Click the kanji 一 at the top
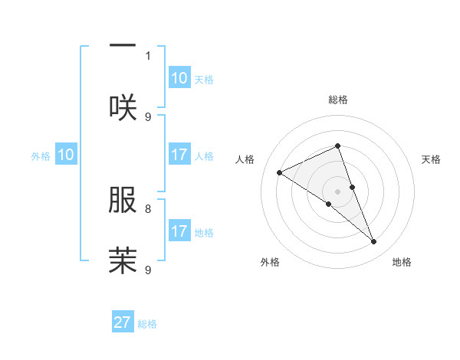123,46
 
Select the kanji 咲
123,107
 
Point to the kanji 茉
123,260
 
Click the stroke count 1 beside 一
148,55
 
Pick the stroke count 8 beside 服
148,208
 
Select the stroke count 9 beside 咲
148,116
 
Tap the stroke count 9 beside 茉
148,270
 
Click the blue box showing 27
123,322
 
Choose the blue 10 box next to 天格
179,78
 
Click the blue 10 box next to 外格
66,155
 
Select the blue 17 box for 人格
179,155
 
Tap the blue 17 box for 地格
179,231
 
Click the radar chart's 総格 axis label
338,100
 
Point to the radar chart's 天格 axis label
432,159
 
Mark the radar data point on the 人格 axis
280,172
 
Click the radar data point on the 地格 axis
374,242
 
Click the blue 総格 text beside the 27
147,324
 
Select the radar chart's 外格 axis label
270,263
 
